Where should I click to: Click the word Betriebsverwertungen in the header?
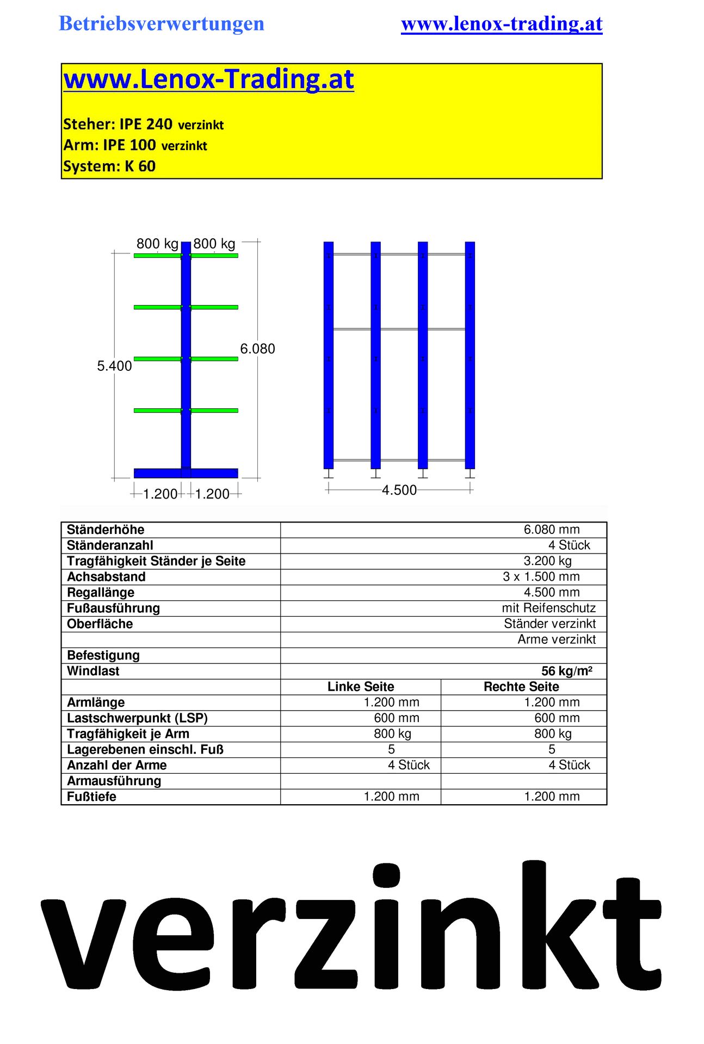(x=161, y=23)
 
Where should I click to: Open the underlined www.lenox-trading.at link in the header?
(x=501, y=23)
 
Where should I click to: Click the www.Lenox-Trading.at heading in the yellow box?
(x=208, y=79)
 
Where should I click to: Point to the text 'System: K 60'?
(x=109, y=166)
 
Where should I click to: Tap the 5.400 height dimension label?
(x=114, y=366)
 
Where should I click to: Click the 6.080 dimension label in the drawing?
(x=257, y=349)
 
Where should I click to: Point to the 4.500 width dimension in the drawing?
(x=399, y=490)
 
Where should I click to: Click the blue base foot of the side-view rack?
(x=186, y=473)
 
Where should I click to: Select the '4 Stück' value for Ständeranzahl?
(x=569, y=545)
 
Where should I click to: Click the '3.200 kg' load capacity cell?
(x=547, y=561)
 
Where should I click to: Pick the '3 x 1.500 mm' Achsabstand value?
(x=541, y=577)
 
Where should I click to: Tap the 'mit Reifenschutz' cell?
(x=548, y=608)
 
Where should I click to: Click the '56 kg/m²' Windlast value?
(x=566, y=671)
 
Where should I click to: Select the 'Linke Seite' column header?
(x=360, y=687)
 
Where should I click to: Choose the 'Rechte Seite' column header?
(x=521, y=687)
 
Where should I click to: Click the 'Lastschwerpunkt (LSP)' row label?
(x=137, y=718)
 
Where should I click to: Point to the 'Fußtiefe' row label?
(x=91, y=797)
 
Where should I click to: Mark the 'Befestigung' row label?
(x=103, y=655)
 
